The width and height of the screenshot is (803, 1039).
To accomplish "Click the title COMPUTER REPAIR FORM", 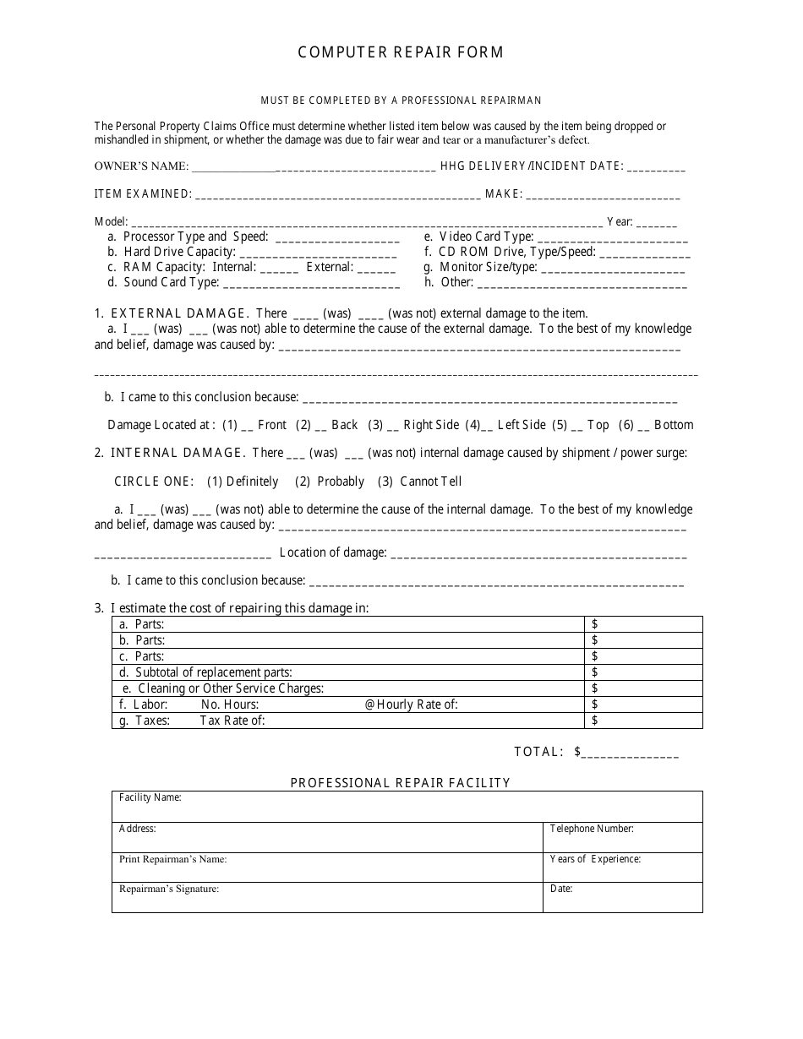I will click(401, 52).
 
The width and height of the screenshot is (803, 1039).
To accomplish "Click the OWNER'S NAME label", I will click(141, 167).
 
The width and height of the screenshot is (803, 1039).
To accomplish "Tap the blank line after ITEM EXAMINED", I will click(338, 195).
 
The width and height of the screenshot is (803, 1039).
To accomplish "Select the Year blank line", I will click(657, 223).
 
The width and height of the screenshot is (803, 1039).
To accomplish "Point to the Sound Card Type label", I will click(172, 282).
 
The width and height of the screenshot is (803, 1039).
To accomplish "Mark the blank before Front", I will click(247, 426).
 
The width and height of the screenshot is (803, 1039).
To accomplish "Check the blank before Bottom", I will click(643, 426).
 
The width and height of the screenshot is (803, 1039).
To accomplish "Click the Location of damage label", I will click(333, 552).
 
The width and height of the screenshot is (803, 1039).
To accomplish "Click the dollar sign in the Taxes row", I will click(595, 721).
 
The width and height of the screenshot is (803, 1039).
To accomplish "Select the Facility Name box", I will click(407, 807).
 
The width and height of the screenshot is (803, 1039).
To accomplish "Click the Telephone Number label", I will click(592, 829).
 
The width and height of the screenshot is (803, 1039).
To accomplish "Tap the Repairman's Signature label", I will click(169, 889).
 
